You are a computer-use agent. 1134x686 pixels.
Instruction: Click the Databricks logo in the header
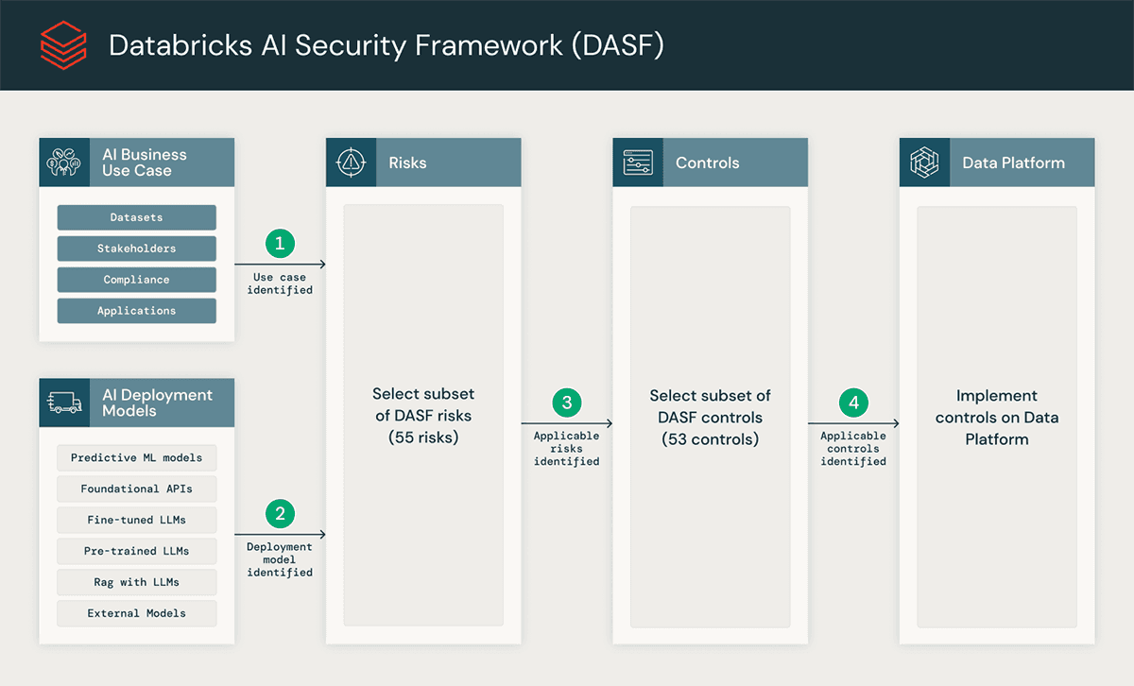point(63,45)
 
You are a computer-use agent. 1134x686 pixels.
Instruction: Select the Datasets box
point(136,217)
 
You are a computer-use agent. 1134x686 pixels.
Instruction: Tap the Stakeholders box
point(136,249)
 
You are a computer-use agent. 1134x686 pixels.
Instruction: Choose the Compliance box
point(136,280)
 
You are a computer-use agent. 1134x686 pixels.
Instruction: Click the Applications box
point(136,311)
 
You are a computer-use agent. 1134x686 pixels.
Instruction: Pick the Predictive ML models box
point(136,457)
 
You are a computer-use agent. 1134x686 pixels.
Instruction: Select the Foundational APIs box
point(136,489)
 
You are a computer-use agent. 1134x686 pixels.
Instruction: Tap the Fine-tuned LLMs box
point(136,520)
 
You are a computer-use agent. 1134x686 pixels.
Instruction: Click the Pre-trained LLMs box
point(136,551)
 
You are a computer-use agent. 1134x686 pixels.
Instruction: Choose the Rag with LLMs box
point(136,582)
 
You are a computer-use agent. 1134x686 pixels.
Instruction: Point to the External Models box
point(136,613)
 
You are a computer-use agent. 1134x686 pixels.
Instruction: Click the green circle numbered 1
point(280,244)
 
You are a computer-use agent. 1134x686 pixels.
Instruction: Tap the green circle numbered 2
point(280,514)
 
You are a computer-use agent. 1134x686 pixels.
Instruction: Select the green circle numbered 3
point(567,403)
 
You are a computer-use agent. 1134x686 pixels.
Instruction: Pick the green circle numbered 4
point(853,403)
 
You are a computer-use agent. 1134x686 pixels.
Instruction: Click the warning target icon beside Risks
point(351,163)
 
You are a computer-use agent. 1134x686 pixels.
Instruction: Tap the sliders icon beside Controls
point(638,163)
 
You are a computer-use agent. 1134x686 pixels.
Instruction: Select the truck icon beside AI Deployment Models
point(63,403)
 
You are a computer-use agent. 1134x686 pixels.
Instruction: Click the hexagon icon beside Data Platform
point(924,163)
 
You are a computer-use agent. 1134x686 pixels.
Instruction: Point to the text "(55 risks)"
point(423,437)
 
